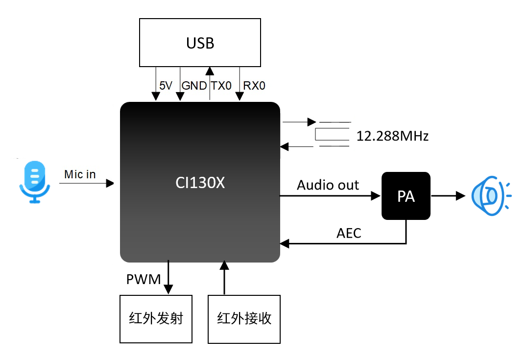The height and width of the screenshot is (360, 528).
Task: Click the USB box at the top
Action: pos(200,43)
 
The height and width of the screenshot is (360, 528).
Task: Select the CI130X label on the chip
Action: pos(200,183)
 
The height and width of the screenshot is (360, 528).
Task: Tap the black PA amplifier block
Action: pos(406,196)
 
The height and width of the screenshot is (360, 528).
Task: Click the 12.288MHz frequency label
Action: pos(392,136)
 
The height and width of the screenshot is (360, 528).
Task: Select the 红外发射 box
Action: pos(156,319)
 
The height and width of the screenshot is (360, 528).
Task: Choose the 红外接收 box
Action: pos(244,319)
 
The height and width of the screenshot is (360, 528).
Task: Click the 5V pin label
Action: pos(166,86)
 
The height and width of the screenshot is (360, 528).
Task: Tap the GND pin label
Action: pos(194,86)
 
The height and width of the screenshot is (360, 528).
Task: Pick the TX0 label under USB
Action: pos(221,86)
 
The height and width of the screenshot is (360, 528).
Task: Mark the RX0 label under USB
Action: pos(254,86)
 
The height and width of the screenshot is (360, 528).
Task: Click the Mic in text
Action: pos(80,174)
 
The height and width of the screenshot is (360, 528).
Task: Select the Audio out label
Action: pos(328,185)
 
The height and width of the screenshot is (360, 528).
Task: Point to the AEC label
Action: pos(349,233)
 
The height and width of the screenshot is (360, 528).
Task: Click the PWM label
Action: pos(144,280)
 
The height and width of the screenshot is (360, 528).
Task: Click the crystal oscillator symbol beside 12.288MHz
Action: pos(333,134)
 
